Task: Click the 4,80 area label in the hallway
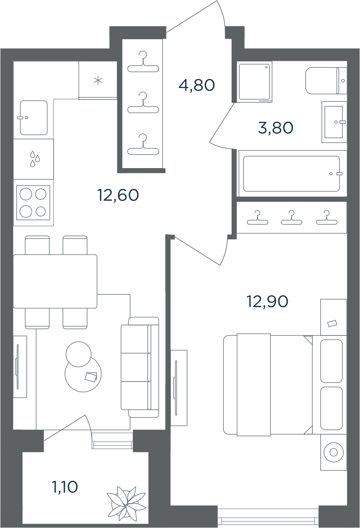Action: [197, 85]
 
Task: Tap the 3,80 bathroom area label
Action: [276, 128]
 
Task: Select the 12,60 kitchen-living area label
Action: [118, 195]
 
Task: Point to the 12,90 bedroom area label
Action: [267, 301]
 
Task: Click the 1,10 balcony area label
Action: [65, 487]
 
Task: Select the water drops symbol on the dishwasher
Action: [35, 159]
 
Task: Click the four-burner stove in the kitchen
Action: [33, 203]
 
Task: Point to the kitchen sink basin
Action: [34, 118]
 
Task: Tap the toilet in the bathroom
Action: [326, 80]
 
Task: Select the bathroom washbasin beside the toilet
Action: [334, 122]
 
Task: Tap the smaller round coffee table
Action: [78, 354]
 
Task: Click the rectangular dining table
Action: [55, 281]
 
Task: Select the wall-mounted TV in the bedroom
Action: [176, 388]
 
